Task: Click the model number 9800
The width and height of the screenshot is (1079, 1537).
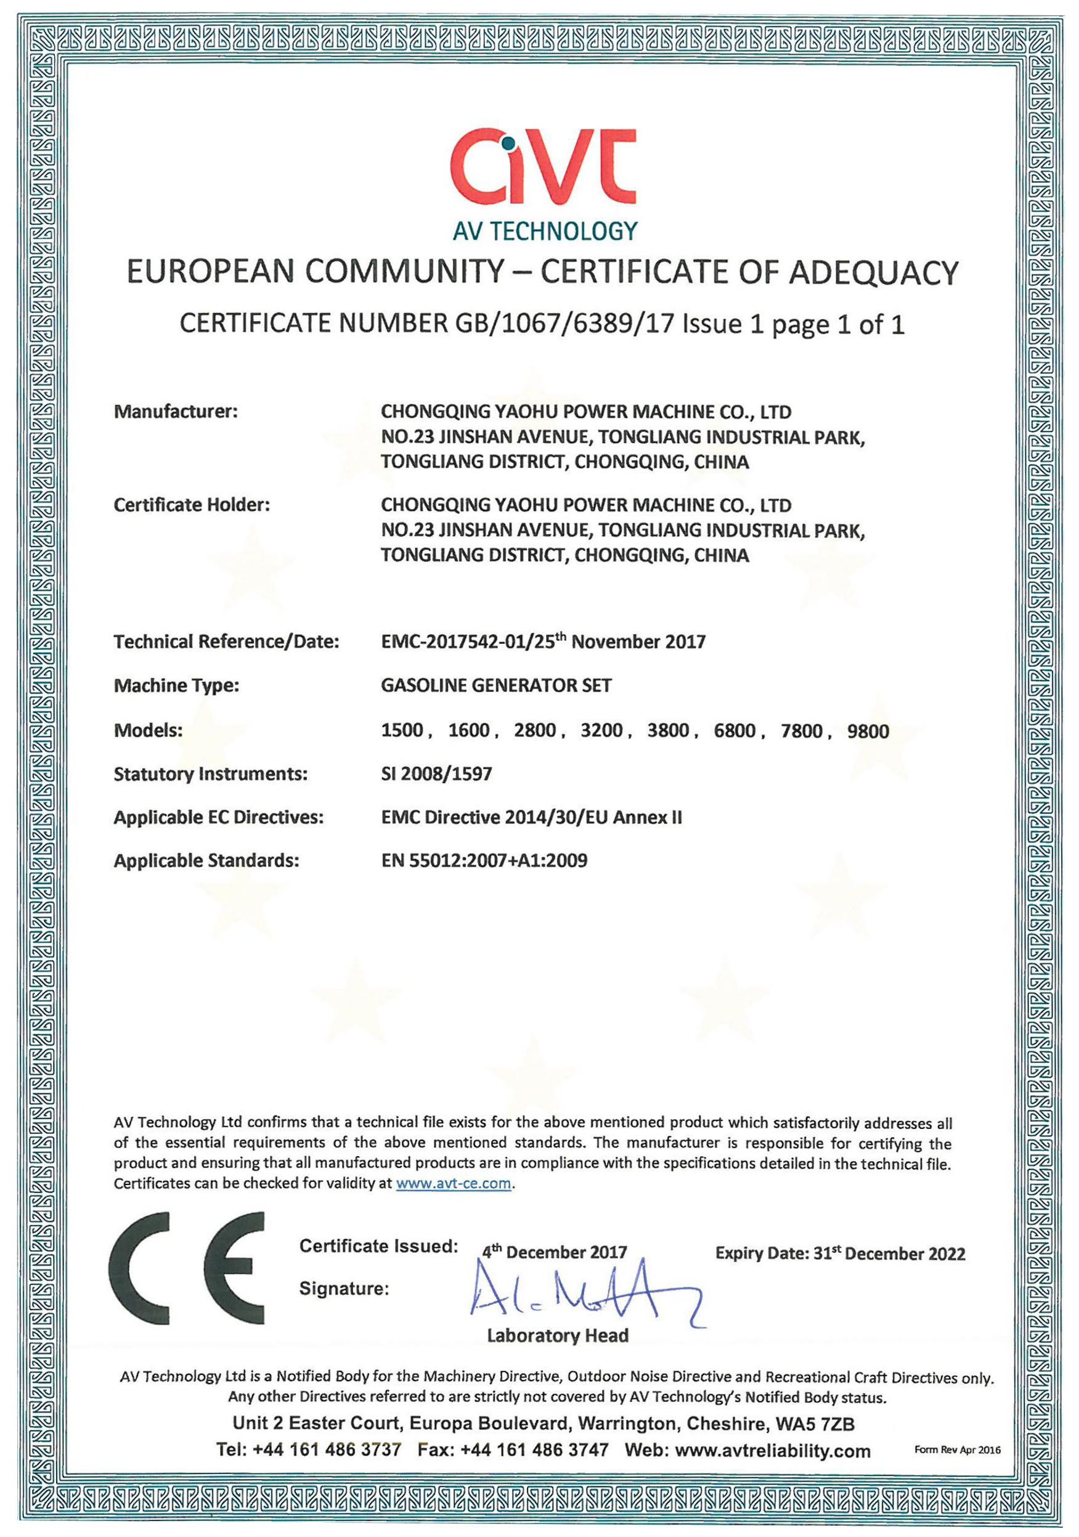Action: pyautogui.click(x=868, y=730)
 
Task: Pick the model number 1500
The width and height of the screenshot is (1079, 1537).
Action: pyautogui.click(x=402, y=730)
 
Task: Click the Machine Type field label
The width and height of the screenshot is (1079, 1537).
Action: pyautogui.click(x=176, y=685)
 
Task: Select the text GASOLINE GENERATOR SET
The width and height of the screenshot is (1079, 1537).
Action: pyautogui.click(x=496, y=685)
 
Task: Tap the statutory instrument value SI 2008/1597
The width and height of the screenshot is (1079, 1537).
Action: pyautogui.click(x=436, y=774)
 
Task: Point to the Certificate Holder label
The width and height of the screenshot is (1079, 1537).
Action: pyautogui.click(x=192, y=505)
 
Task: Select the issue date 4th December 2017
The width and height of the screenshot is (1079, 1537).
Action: pyautogui.click(x=554, y=1252)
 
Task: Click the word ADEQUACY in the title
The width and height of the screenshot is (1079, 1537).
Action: pyautogui.click(x=874, y=272)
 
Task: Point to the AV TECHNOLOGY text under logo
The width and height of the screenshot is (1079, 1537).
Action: pyautogui.click(x=545, y=231)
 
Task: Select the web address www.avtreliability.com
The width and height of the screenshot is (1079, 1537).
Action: pyautogui.click(x=773, y=1451)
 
